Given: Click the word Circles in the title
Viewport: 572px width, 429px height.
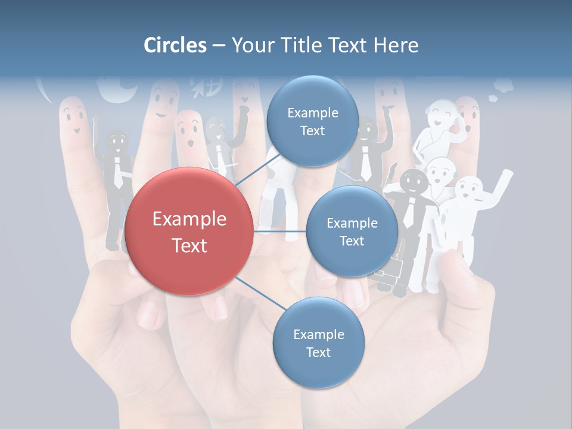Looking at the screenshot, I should [x=175, y=45].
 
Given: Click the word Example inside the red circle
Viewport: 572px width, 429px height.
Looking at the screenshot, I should [x=189, y=219].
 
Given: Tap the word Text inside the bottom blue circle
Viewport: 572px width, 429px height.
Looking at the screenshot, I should [x=318, y=353].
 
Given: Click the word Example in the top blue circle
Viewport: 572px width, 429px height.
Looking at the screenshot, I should [x=312, y=113].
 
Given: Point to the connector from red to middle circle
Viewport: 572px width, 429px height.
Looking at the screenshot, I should [x=279, y=231].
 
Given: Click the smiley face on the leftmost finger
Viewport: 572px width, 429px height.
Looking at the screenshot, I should [x=73, y=116].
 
